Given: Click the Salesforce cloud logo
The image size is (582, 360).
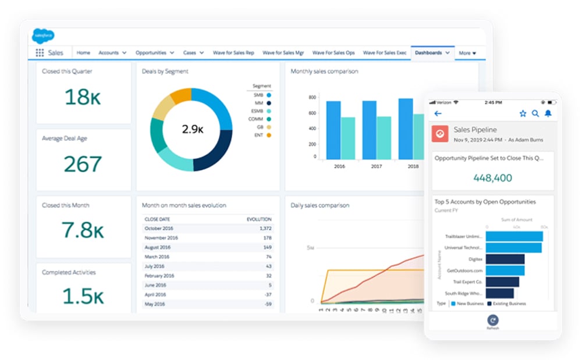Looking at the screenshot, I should coord(43,35).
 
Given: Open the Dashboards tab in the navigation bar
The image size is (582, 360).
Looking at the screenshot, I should coord(428,53).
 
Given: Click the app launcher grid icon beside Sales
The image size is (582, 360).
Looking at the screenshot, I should coord(40,53).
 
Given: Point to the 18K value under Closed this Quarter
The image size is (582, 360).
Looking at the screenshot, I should coord(84,97).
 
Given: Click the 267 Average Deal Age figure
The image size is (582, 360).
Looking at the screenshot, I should coord(83,165).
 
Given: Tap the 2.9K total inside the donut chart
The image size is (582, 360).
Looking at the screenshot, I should coord(191,129).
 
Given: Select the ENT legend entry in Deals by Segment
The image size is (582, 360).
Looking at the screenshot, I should coord(260,135).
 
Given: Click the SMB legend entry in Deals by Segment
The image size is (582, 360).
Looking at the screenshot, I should coord(260,94).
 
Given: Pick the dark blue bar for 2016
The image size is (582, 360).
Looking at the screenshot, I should coord(333,130).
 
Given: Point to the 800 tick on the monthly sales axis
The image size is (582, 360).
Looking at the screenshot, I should coord(313,98).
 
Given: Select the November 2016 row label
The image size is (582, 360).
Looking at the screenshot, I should coord(161,238).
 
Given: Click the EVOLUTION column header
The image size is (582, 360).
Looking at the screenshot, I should coord(259,219).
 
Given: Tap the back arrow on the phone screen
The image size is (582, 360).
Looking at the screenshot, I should coord(438,114).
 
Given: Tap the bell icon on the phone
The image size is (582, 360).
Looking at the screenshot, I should coord(548,114).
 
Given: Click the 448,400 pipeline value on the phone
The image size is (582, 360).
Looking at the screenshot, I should coord(492,178).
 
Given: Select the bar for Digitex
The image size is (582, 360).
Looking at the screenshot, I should coord(505,259).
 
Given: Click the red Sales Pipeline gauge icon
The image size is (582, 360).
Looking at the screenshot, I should coord(440,134).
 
